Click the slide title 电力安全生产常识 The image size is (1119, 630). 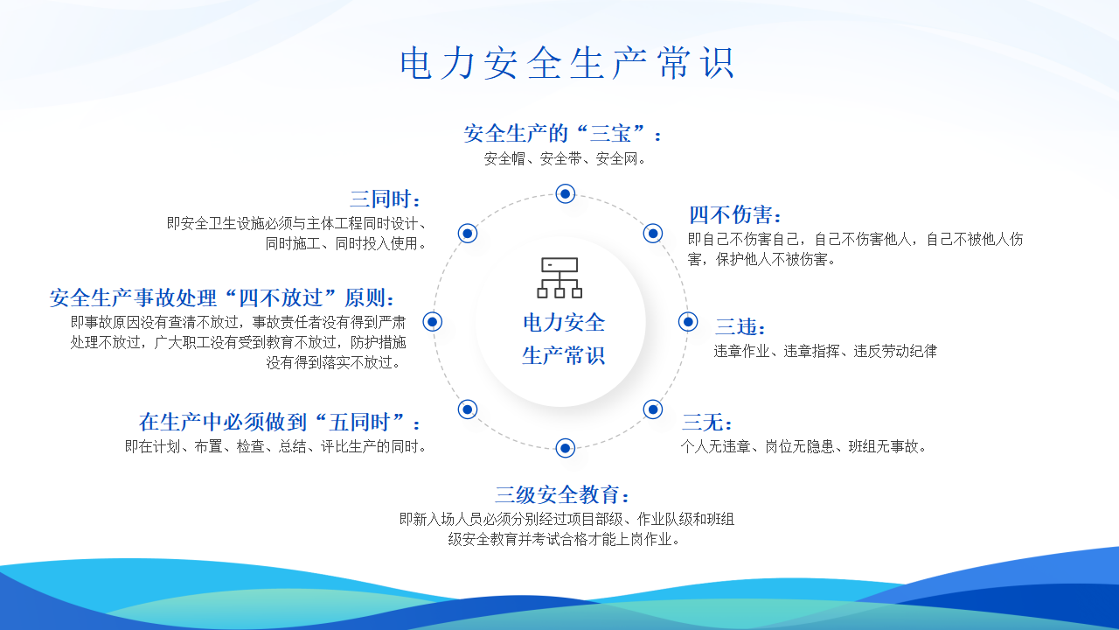(567, 63)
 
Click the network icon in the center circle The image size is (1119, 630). (559, 277)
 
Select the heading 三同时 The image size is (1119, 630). (385, 199)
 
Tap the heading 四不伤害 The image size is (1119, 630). (734, 215)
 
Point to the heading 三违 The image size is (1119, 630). (740, 327)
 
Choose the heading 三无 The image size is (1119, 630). (707, 423)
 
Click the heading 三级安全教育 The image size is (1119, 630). (562, 495)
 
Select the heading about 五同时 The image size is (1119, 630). (280, 423)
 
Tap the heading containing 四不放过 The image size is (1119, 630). (222, 298)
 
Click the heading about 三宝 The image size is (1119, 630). (563, 134)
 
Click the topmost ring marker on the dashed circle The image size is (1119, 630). (565, 193)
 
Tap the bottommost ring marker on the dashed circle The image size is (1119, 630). (565, 448)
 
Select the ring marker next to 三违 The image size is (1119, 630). (688, 321)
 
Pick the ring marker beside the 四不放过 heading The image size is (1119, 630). (432, 321)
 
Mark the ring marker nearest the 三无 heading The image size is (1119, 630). (652, 409)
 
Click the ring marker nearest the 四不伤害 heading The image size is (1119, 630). (652, 233)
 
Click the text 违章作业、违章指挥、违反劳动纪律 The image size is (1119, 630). (824, 351)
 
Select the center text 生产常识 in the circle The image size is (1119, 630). (564, 355)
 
